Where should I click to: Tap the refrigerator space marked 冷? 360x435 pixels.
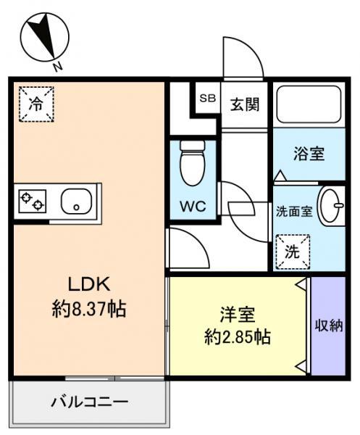36,104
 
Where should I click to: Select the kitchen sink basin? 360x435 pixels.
76,202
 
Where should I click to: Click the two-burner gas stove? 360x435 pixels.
32,201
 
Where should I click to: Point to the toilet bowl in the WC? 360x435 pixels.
193,163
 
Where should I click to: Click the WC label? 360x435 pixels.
193,206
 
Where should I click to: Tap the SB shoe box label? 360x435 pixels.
208,98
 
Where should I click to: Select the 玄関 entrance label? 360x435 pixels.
245,105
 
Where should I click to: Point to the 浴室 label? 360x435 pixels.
309,154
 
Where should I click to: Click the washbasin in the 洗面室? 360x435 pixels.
331,206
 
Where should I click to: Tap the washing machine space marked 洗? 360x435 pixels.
293,252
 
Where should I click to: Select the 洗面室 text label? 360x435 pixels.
294,212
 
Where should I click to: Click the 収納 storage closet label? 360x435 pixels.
329,326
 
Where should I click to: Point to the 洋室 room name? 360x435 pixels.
238,315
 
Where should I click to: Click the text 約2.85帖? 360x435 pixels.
238,337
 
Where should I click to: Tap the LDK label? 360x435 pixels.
89,284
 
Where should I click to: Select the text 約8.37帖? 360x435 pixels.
89,309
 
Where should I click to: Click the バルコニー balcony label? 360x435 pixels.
90,402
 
